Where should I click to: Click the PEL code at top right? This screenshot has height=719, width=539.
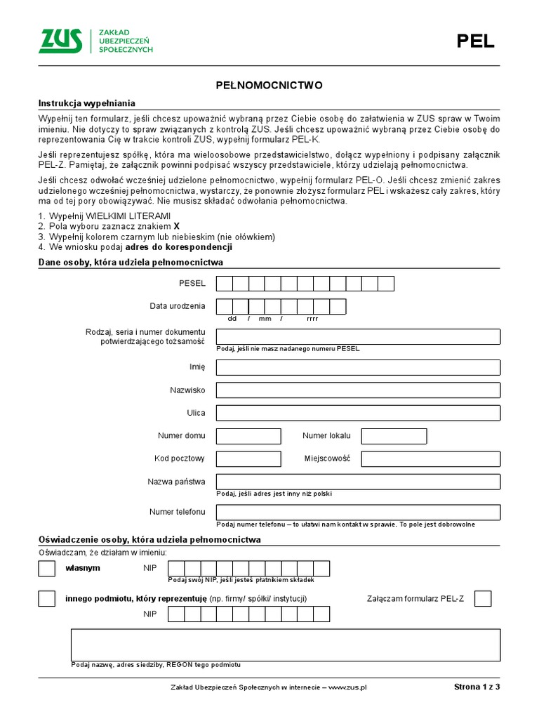[x=475, y=41]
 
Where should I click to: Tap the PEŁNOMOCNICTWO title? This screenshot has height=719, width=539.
[x=269, y=85]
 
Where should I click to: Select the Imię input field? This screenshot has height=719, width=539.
[x=358, y=367]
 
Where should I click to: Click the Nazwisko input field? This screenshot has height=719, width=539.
[x=358, y=390]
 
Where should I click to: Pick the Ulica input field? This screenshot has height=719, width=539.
[x=358, y=413]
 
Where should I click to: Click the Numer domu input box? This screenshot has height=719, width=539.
[x=239, y=436]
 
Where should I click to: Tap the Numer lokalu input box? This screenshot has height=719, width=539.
[x=394, y=436]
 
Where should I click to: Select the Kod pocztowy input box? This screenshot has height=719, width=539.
[x=239, y=459]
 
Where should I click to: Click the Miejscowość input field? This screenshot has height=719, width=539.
[x=430, y=459]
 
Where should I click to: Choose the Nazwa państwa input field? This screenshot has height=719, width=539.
[x=358, y=482]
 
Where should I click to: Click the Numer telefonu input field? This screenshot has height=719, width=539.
[x=358, y=512]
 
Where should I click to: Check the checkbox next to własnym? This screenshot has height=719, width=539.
[x=46, y=568]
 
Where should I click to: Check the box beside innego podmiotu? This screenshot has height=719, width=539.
[x=46, y=598]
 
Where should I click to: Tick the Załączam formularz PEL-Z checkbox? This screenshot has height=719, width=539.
[x=483, y=598]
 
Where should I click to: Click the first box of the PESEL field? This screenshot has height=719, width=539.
[x=225, y=284]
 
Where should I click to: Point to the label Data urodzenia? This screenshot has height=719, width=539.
[x=177, y=306]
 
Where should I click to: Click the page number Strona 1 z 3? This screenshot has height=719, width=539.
[x=477, y=687]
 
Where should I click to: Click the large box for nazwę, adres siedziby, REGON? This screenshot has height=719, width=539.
[x=285, y=645]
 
